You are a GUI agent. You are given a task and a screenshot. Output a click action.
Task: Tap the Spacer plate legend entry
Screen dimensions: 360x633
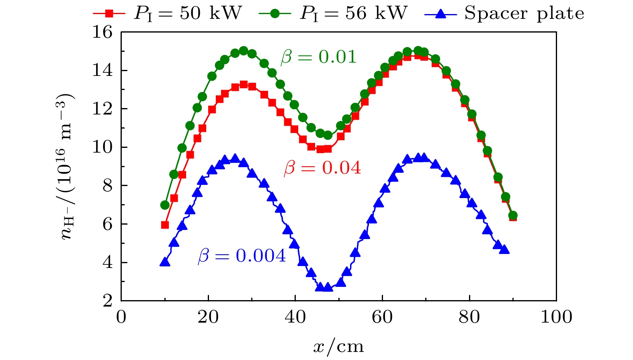click(504, 13)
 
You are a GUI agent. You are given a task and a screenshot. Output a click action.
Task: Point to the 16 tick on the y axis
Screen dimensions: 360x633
click(102, 32)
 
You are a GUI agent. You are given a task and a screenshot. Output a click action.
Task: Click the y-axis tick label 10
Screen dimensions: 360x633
click(102, 147)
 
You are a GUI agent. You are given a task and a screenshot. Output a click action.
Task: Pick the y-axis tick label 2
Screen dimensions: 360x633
click(107, 301)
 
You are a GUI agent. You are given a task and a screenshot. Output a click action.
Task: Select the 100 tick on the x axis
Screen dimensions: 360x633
click(556, 317)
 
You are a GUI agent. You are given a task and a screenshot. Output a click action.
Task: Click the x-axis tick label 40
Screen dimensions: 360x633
click(295, 317)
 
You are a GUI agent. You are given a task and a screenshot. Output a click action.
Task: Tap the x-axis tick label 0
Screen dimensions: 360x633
click(121, 317)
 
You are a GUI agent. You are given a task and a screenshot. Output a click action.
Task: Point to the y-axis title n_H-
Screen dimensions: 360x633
click(66, 166)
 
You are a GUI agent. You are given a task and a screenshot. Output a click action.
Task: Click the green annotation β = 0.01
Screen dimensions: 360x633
click(319, 57)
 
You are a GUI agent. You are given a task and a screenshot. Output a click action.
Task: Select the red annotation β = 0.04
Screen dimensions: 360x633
click(322, 168)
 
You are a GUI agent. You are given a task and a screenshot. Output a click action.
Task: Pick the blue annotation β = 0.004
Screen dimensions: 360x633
click(242, 256)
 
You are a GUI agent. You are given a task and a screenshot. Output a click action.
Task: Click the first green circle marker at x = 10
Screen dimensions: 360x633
click(165, 205)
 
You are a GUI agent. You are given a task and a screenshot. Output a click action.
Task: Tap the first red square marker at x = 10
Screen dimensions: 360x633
click(165, 225)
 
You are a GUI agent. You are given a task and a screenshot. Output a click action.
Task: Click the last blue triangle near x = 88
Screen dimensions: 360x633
click(505, 250)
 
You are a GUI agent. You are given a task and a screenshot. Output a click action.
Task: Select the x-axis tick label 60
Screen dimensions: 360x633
click(382, 317)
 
